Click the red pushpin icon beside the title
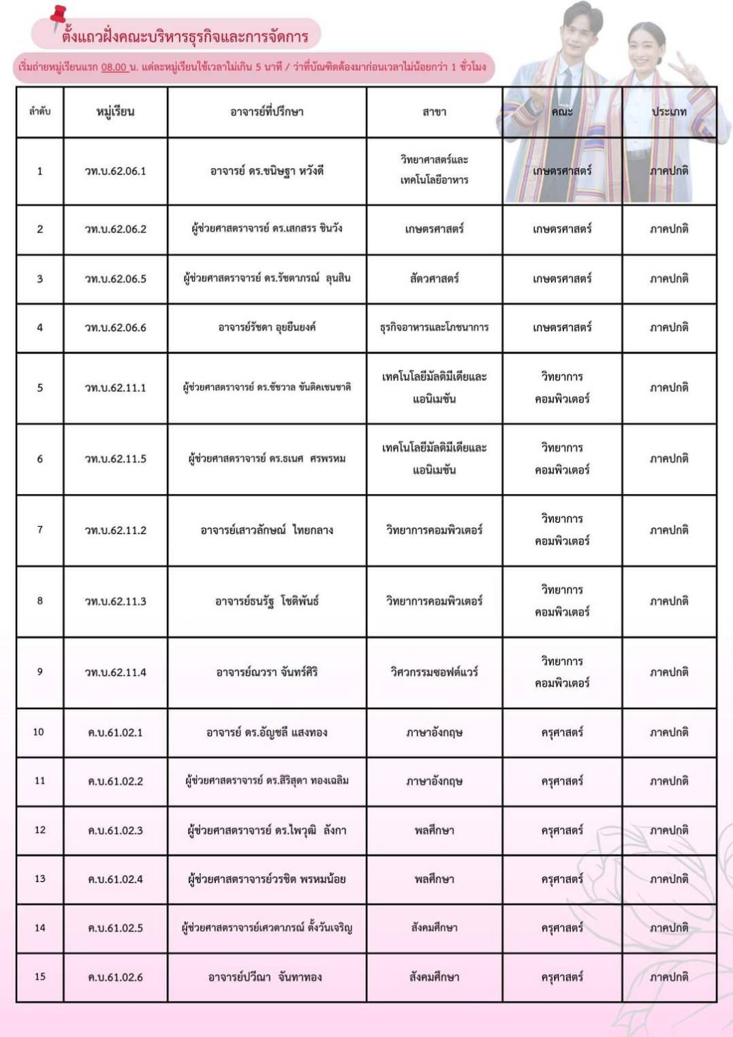pos(59,17)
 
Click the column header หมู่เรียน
pos(115,112)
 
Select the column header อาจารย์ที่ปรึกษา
pos(266,112)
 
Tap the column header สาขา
pos(434,112)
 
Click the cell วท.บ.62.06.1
pos(115,171)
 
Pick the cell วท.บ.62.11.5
pos(115,459)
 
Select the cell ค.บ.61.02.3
pos(115,831)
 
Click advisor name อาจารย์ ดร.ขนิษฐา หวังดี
pos(266,171)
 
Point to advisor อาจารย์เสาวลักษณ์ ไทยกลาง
pos(266,530)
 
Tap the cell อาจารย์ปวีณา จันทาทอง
pos(266,977)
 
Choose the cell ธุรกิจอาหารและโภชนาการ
pos(434,328)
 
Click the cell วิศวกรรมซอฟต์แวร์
pos(434,672)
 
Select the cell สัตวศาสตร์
pos(434,279)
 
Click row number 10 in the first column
pos(39,732)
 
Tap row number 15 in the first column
pos(40,977)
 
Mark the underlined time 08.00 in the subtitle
pos(114,67)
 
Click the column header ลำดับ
pos(40,111)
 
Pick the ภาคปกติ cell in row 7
pos(669,530)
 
